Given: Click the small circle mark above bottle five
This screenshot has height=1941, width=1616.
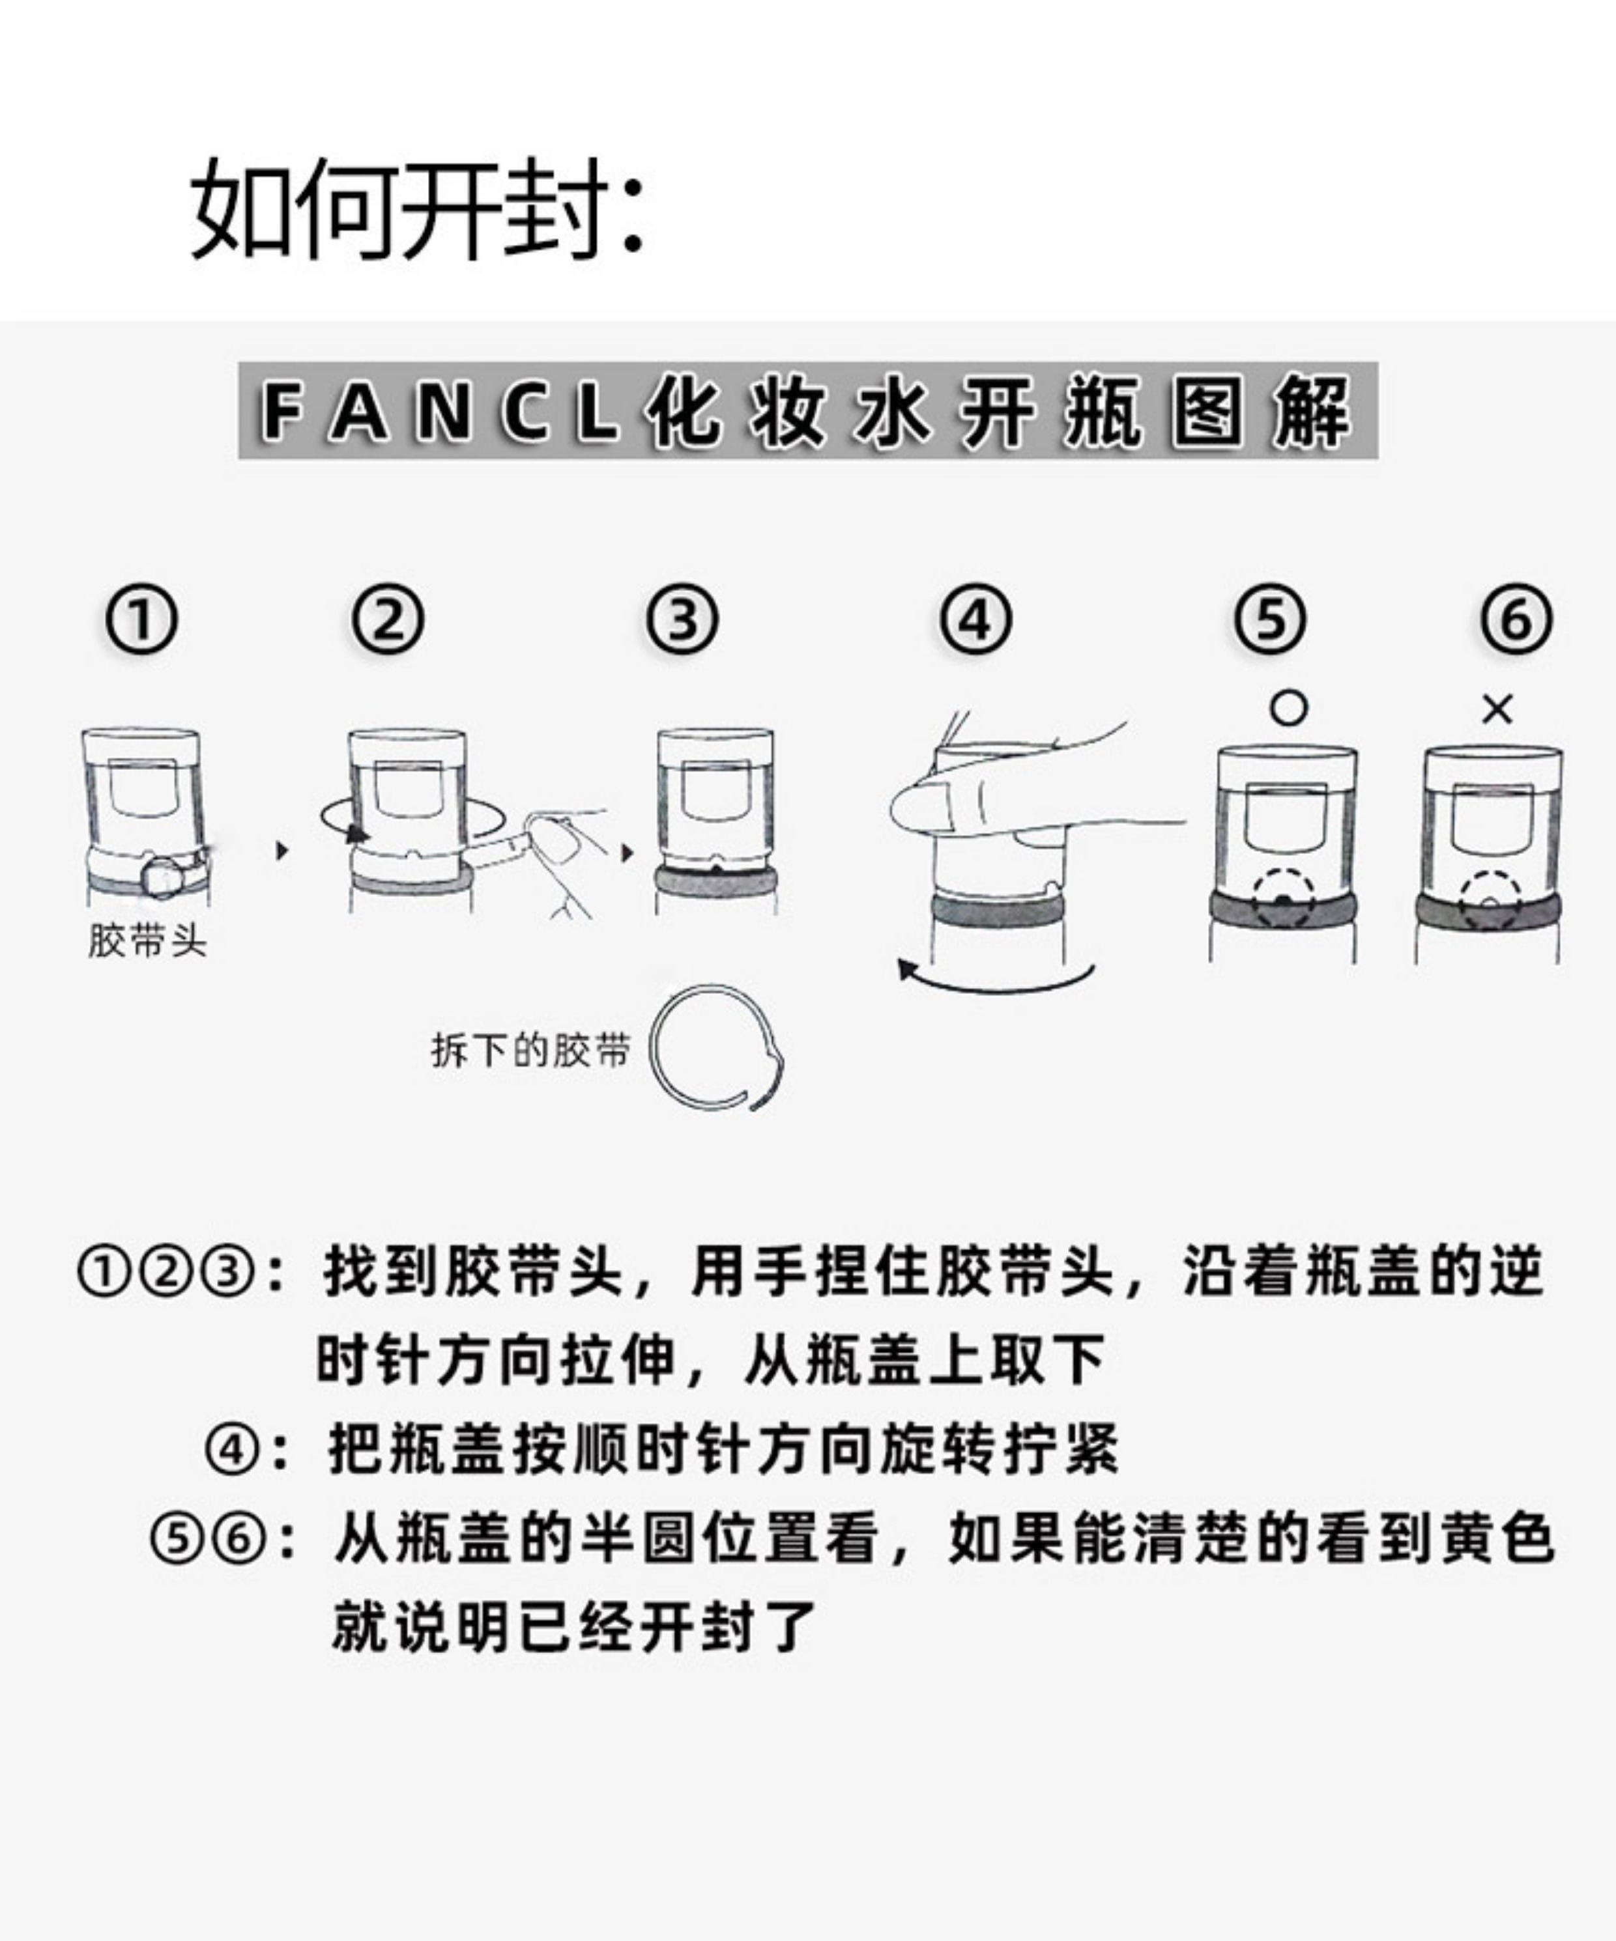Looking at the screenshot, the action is coord(1289,709).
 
